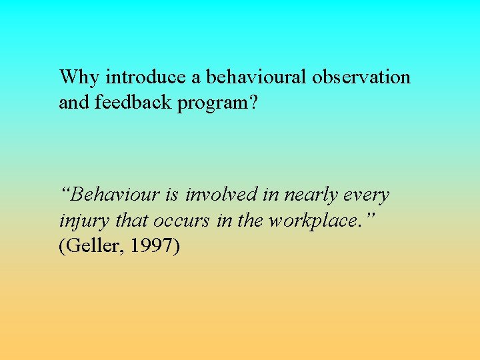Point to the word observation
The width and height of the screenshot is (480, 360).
click(361, 77)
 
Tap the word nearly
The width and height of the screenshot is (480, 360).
click(310, 196)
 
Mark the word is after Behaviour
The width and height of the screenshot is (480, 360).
click(173, 195)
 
